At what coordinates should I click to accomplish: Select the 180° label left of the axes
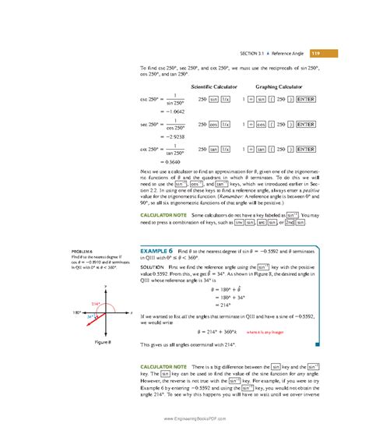pyautogui.click(x=78, y=312)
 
